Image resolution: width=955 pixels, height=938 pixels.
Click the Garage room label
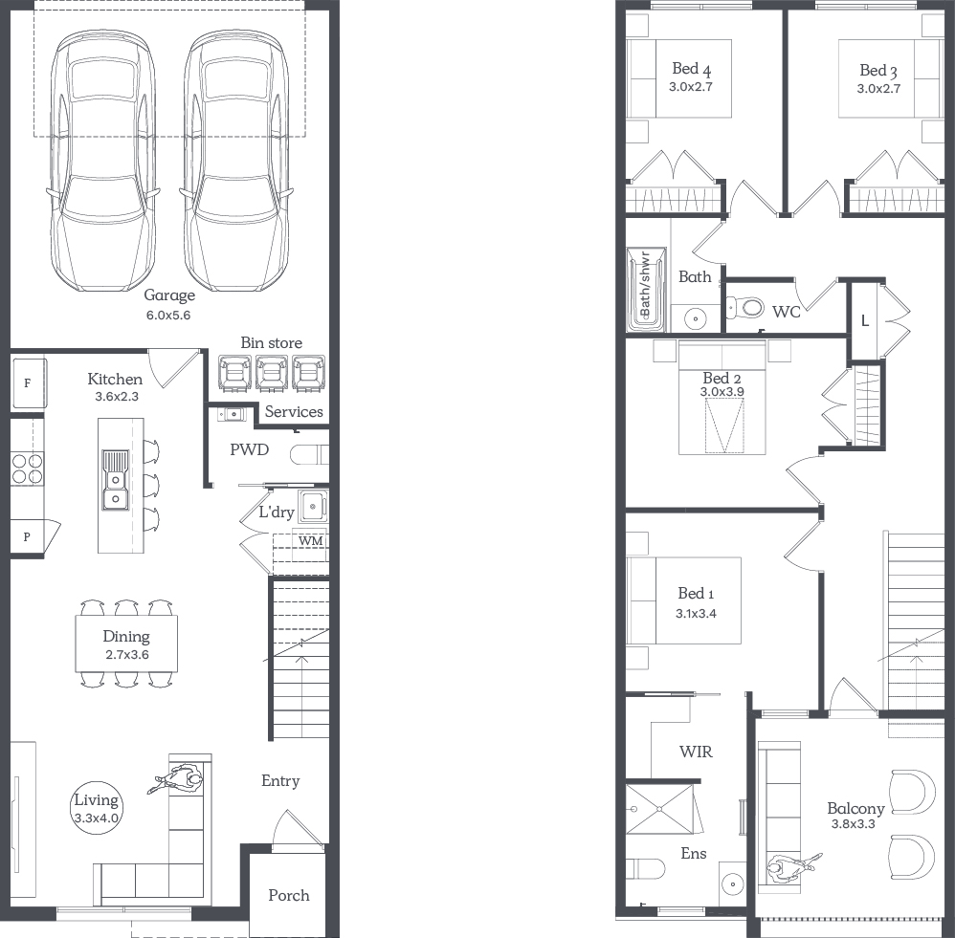coord(169,295)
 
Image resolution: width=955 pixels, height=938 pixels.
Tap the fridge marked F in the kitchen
coord(29,382)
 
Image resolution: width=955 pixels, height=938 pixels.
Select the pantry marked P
coord(28,536)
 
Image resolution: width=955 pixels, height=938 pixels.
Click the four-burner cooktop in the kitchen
coord(28,469)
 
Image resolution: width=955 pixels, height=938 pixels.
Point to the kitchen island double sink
coord(115,480)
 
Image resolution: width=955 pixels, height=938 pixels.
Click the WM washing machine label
coord(310,540)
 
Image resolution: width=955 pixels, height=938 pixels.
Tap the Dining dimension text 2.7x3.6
coord(126,655)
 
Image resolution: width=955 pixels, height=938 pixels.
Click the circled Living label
coord(97,800)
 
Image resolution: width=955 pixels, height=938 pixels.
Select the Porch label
coord(289,895)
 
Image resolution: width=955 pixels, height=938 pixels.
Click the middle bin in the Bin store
coord(272,373)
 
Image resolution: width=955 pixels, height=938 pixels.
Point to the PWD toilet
coord(309,455)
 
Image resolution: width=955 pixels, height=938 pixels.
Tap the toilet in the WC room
coord(744,307)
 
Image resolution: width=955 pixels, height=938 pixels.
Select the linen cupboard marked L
coord(865,320)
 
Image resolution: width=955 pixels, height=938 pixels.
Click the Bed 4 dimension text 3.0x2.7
coord(691,86)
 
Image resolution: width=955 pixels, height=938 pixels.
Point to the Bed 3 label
coord(878,71)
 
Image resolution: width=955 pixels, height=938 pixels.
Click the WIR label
coord(696,752)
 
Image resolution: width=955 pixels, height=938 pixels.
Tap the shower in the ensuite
coord(659,809)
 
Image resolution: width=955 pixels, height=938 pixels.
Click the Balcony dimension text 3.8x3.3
coord(854,824)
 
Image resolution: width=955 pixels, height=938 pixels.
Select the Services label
coord(294,411)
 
